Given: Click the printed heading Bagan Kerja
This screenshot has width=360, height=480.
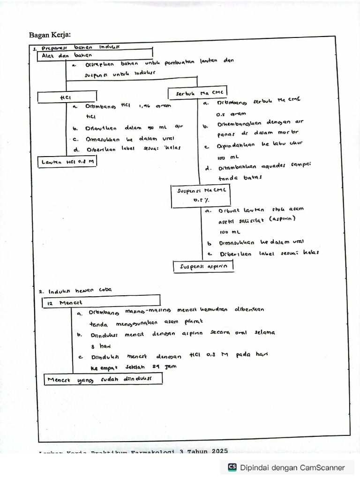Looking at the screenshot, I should pos(50,35).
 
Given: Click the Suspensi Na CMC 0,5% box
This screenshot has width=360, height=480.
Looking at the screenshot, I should pos(200,195).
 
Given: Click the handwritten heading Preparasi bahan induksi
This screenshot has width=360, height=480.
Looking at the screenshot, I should pos(77,48).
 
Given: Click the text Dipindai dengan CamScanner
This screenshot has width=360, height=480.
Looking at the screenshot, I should pos(292,467).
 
